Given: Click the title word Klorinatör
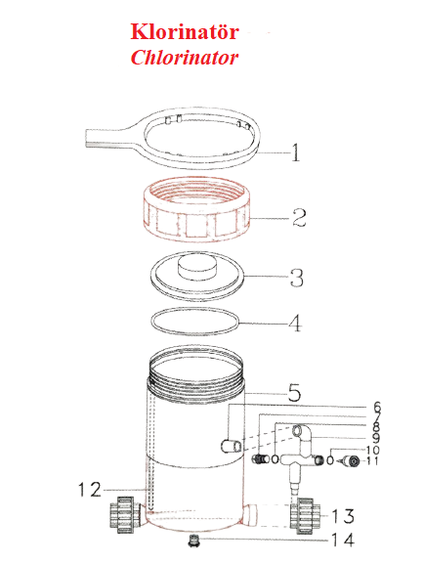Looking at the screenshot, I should tap(185, 33).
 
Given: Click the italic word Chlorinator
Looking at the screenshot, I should tap(185, 57).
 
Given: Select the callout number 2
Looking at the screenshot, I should tap(300, 217).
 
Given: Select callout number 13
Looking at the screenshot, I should tap(341, 516).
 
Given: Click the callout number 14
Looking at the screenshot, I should tap(341, 540).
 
